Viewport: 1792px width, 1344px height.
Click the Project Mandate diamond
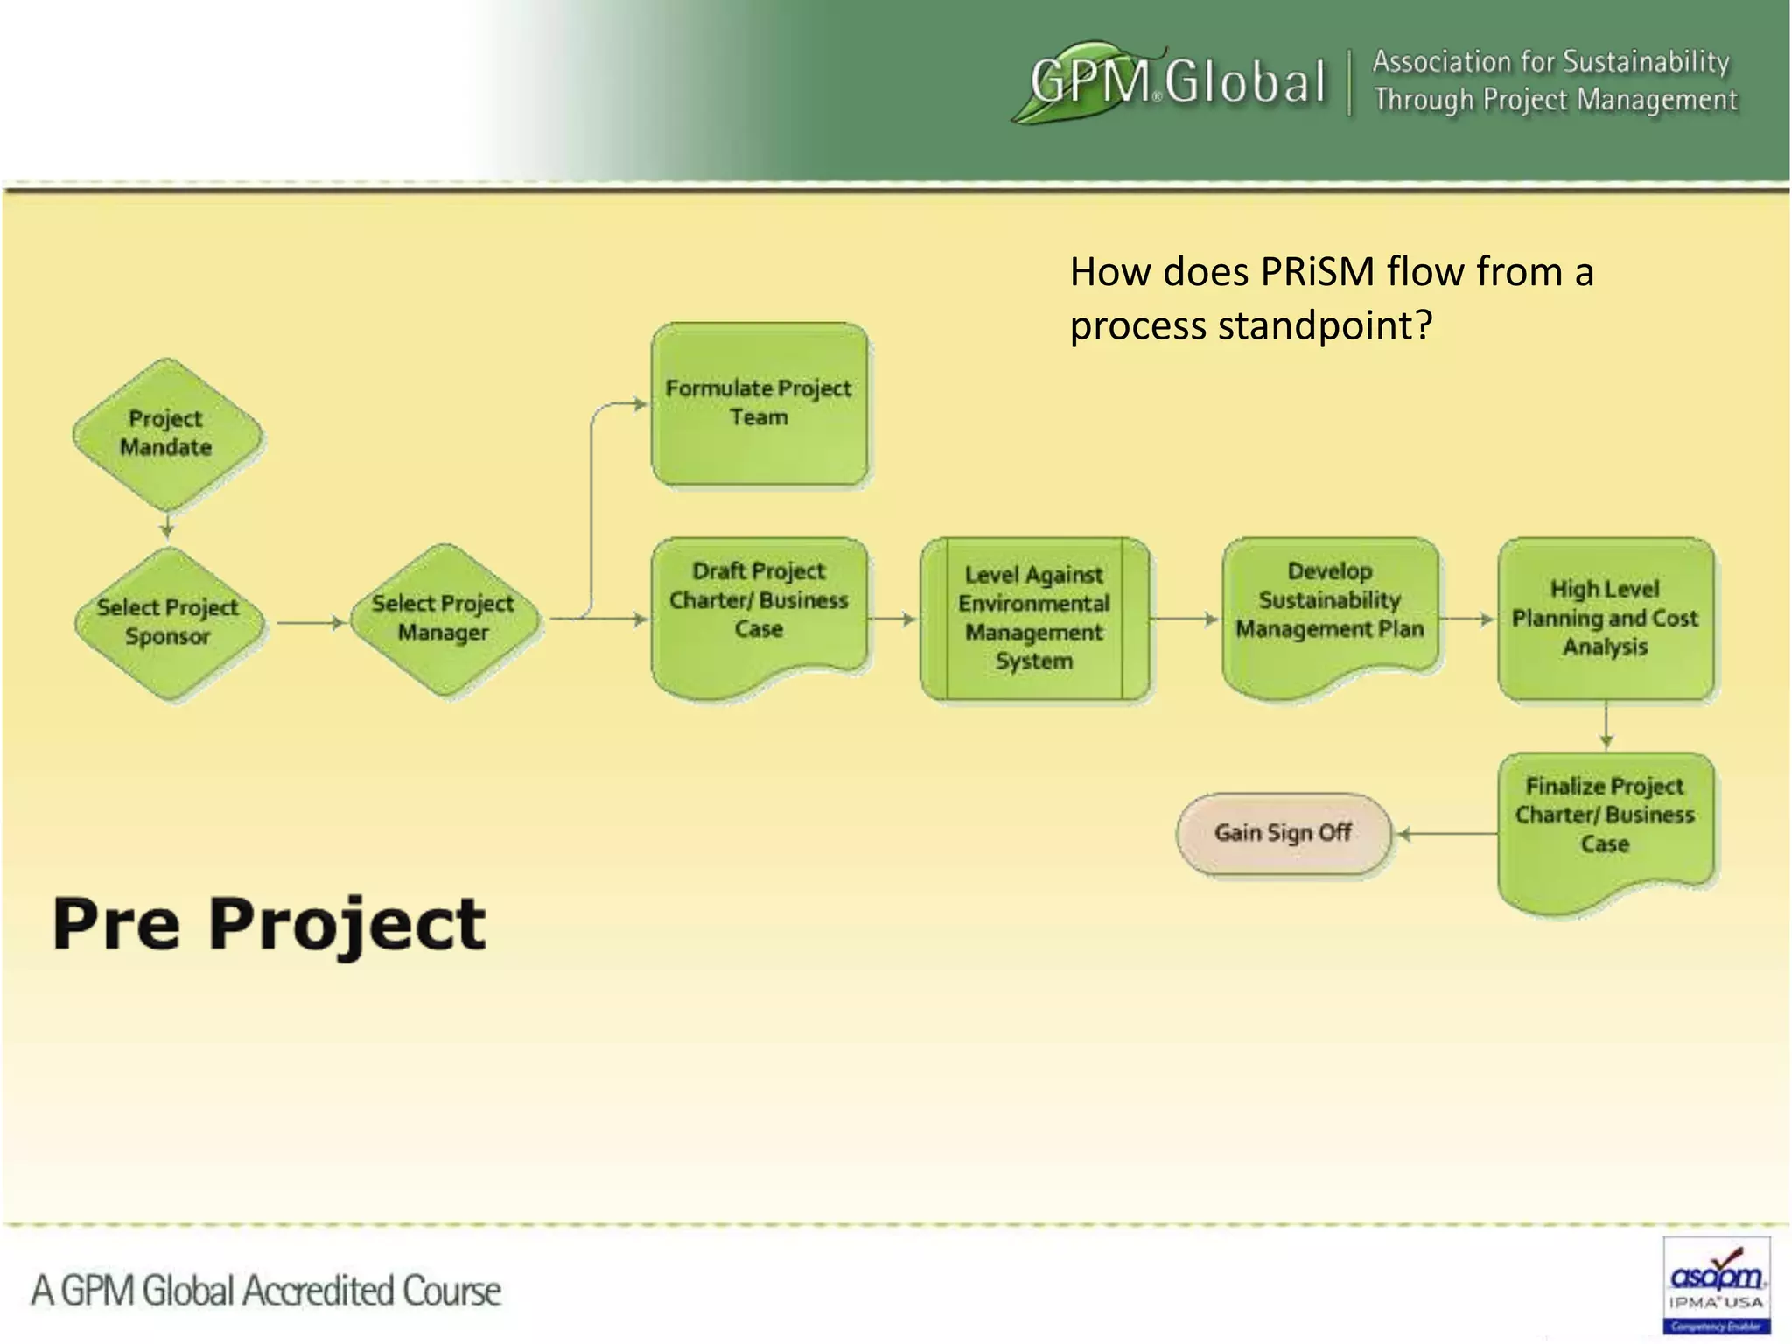(166, 434)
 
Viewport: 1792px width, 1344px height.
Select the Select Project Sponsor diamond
(168, 622)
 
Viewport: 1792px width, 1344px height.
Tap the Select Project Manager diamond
(444, 619)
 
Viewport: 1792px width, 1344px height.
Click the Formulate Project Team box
(759, 403)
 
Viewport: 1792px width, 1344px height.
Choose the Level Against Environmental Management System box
(1034, 619)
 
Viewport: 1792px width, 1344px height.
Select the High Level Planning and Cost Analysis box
(1605, 619)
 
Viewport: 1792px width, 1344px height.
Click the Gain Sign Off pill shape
(1283, 832)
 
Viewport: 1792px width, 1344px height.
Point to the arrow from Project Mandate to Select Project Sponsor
(166, 526)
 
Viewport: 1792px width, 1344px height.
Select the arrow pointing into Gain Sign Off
(1444, 834)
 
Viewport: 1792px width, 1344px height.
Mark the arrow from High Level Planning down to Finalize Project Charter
(1606, 725)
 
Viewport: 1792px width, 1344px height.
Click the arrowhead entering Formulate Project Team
(640, 404)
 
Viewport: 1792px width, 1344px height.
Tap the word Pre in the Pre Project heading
(115, 924)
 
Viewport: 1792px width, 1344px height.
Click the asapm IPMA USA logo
(1716, 1284)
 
